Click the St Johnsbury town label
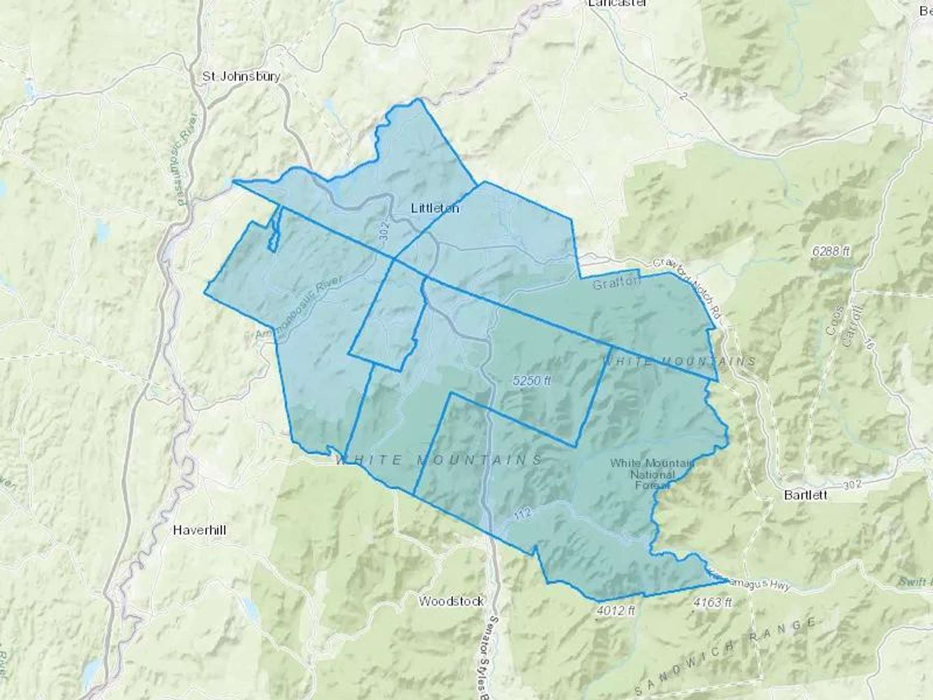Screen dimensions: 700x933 point(241,77)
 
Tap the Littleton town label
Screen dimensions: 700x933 point(434,208)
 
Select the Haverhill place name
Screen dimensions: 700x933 point(200,530)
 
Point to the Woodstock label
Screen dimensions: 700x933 point(451,601)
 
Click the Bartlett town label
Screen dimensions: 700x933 point(805,495)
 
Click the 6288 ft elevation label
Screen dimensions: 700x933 point(831,251)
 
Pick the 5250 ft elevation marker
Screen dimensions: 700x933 point(532,381)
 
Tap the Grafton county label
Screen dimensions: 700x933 point(616,284)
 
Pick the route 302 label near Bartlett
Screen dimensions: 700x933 point(852,484)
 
